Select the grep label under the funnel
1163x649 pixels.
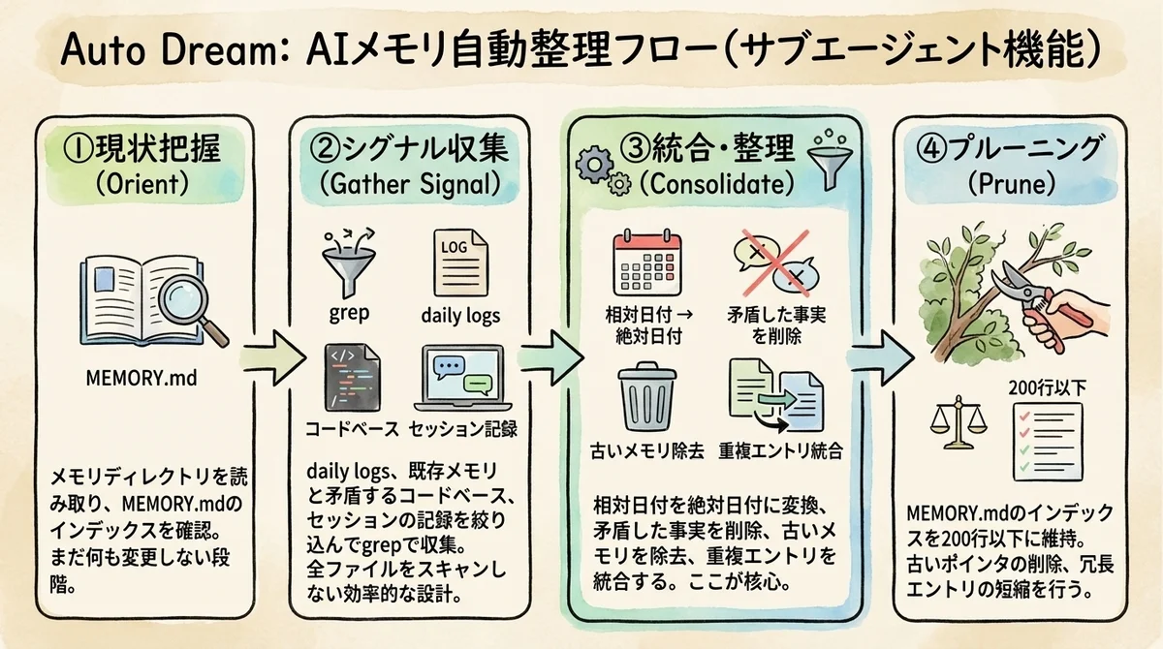coord(349,314)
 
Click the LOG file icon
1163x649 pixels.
coord(459,260)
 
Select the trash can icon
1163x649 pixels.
coord(646,398)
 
